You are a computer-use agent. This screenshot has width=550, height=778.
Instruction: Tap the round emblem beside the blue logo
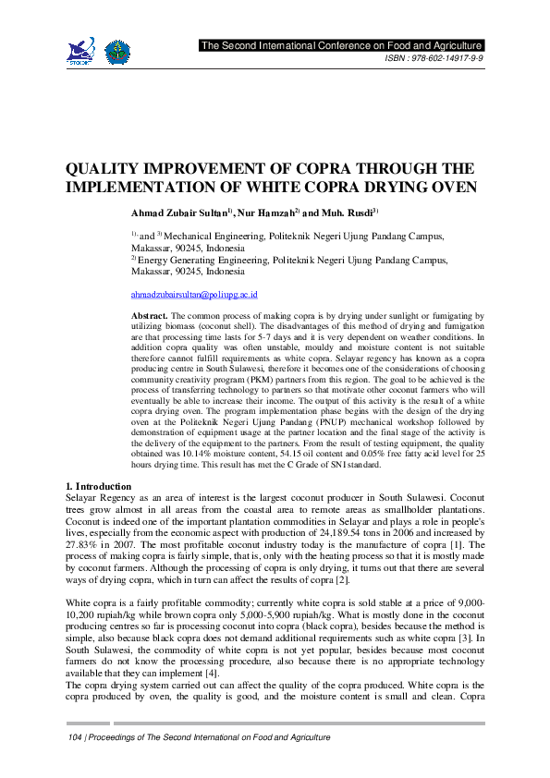(116, 52)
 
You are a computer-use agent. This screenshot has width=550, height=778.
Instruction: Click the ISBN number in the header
(434, 58)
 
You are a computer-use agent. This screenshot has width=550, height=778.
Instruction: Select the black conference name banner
(341, 45)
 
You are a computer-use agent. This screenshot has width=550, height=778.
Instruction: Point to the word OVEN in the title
(450, 187)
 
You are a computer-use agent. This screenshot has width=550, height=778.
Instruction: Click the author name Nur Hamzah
(266, 213)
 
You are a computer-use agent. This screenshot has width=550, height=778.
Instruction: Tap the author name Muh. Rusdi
(343, 213)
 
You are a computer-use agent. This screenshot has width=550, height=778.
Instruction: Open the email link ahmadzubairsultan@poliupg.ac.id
(194, 294)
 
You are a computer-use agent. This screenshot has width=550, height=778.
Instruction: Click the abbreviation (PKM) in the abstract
(258, 379)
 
